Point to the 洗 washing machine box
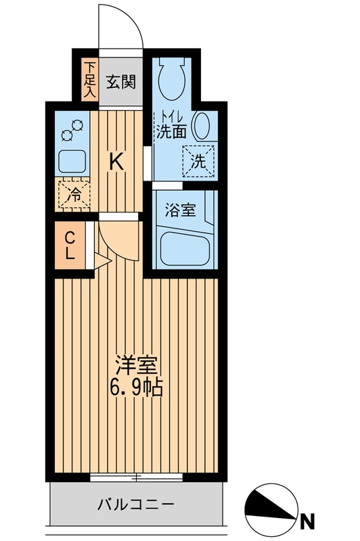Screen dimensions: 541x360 pyautogui.click(x=198, y=162)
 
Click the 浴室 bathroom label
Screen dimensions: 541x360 pyautogui.click(x=181, y=210)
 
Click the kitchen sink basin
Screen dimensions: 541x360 pyautogui.click(x=72, y=161)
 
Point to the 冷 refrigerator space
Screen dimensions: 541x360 pyautogui.click(x=72, y=195)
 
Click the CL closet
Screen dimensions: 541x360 pyautogui.click(x=70, y=247)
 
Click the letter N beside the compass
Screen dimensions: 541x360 pyautogui.click(x=309, y=521)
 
